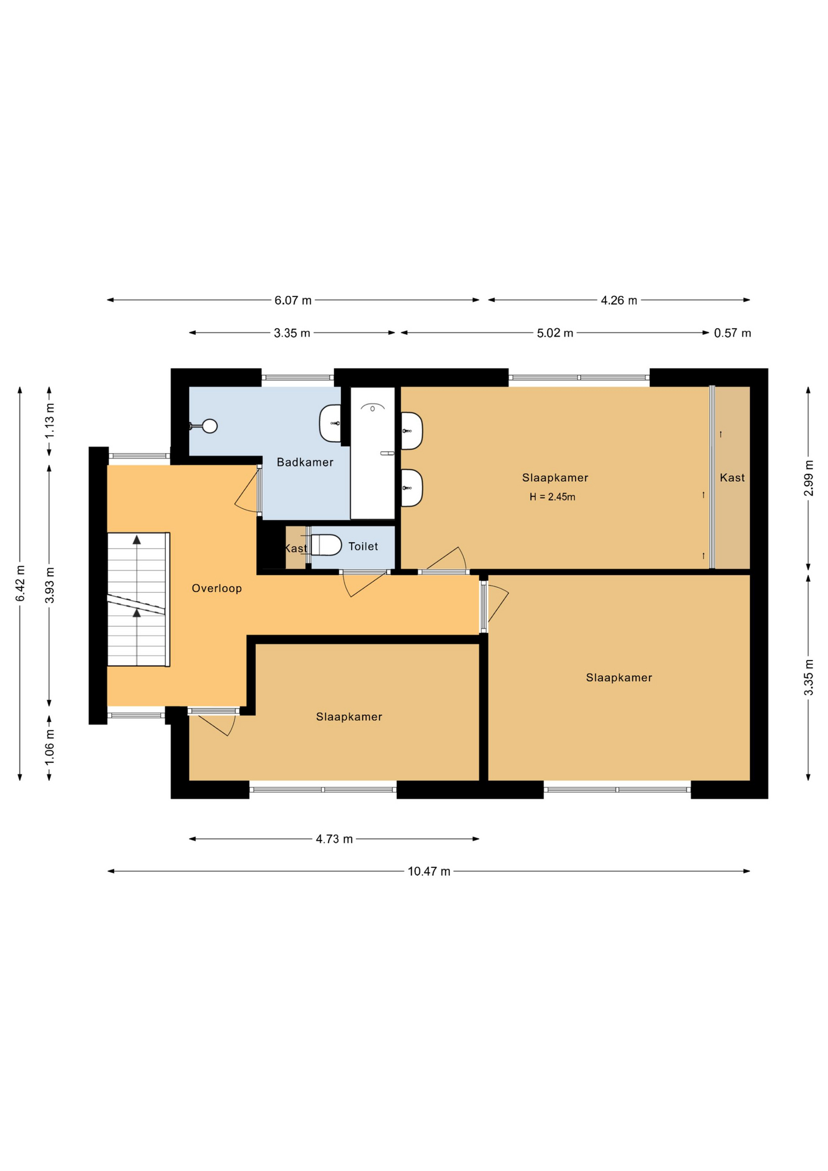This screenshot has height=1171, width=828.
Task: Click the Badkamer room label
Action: coord(305,462)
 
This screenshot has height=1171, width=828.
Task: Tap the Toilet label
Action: coord(363,546)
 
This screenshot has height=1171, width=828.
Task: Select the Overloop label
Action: coord(217,589)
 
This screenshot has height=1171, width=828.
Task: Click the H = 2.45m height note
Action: coord(552,497)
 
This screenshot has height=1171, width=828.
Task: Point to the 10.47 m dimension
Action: coord(429,872)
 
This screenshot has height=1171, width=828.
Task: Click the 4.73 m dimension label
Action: coord(334,839)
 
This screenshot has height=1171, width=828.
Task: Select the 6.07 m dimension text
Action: coord(293,301)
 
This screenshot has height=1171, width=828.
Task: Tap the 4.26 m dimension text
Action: coord(619,301)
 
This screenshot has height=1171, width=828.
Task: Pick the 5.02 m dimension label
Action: coord(555,334)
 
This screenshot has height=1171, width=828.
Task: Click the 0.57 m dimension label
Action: coord(733,334)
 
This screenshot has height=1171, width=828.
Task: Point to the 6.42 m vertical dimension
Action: coord(20,583)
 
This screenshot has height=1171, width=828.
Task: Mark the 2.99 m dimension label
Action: coord(809,478)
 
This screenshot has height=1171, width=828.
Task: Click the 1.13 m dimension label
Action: coord(50,421)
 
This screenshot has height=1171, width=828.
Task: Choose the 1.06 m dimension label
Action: coord(50,748)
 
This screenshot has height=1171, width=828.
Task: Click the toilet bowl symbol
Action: coord(326,545)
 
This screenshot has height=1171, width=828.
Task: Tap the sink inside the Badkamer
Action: coord(330,423)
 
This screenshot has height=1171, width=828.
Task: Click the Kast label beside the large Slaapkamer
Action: coord(732,478)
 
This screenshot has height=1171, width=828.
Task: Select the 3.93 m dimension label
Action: coord(50,585)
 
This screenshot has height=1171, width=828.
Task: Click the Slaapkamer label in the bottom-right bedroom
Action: coord(619,678)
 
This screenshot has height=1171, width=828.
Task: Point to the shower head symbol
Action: coord(373,407)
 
